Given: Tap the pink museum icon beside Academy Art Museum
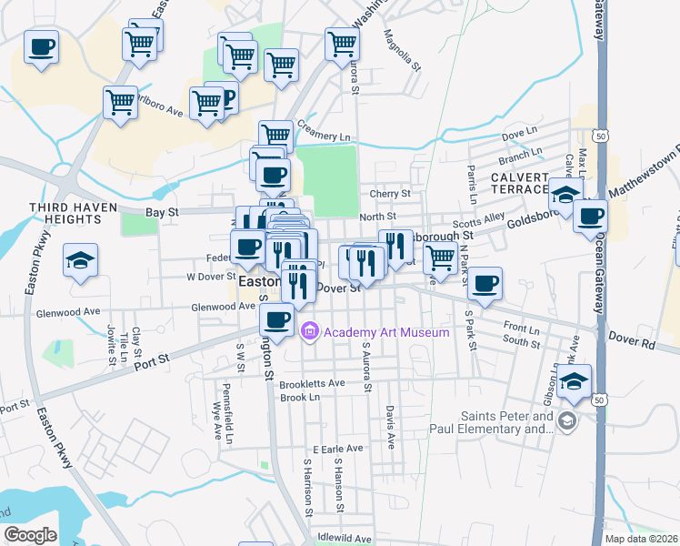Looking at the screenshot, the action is pos(310,332).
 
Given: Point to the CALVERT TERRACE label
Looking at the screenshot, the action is pos(520,182).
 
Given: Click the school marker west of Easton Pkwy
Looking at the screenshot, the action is pos(80,261).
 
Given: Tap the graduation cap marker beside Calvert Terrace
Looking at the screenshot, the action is pos(565,195).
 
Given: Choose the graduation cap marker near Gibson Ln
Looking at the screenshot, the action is pos(575,381).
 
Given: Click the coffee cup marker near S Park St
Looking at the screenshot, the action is pos(485,283).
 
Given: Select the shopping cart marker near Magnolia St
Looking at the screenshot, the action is pos(342,43).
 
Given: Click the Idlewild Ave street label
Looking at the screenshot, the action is pos(345,539).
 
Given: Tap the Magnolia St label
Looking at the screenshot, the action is pos(401,51).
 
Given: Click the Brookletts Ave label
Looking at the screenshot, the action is pos(312,383).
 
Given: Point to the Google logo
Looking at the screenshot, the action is pos(30,535).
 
